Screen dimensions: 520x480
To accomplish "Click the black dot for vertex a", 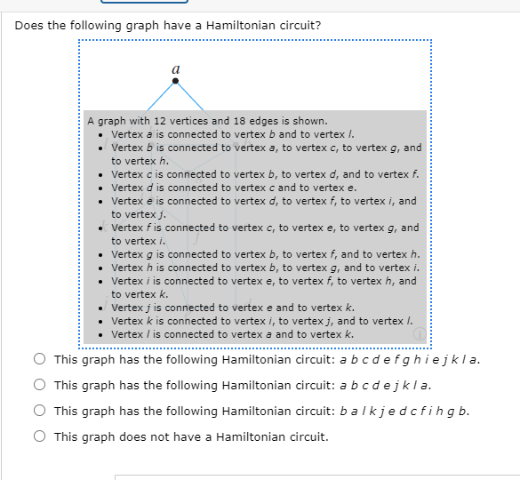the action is pos(175,81).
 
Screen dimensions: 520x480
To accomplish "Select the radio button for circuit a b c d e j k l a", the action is pos(40,386).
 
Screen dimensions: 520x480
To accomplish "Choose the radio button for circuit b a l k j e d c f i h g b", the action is pos(40,411).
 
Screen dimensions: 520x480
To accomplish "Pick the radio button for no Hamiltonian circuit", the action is pos(40,436).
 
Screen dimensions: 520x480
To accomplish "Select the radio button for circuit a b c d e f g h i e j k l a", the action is pos(40,360).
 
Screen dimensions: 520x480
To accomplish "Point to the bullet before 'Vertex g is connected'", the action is pos(102,254).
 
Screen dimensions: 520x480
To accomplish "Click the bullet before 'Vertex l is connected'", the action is pos(102,334).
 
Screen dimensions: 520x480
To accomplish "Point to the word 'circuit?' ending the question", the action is pos(300,25).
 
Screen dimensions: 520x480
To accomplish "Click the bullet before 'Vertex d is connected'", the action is pos(102,188).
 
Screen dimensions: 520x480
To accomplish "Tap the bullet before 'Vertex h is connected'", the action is pos(102,268).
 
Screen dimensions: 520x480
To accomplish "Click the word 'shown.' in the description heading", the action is pos(310,121).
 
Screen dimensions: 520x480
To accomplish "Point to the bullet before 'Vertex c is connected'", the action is pos(102,174).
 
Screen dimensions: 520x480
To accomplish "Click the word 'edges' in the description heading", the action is pos(245,121).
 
